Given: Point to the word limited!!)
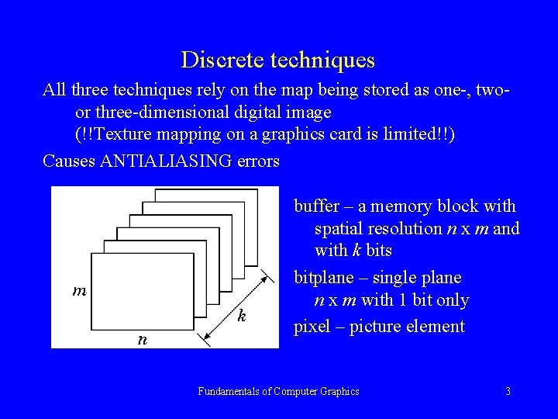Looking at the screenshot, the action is (x=422, y=134).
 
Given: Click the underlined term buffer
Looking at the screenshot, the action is (x=316, y=206).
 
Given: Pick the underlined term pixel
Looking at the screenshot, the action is (x=312, y=327).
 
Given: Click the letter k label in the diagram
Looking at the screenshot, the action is (x=243, y=316).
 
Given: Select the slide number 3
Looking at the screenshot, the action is (x=508, y=392).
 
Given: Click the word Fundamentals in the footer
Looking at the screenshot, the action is (x=229, y=392).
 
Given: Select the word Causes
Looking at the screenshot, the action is (x=68, y=161).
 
